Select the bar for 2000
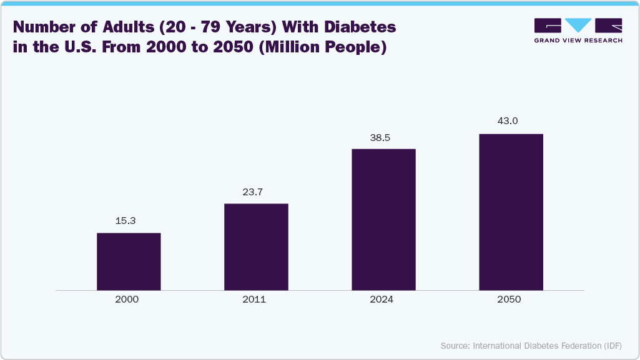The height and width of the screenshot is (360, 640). click(129, 261)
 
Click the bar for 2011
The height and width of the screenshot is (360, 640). click(256, 246)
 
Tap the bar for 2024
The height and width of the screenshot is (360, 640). click(383, 219)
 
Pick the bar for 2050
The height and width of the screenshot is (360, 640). click(511, 212)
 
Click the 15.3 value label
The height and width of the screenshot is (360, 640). click(129, 221)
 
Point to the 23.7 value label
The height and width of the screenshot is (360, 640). click(256, 192)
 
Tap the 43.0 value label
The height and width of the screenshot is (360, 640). click(507, 121)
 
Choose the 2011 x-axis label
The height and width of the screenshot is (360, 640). click(254, 299)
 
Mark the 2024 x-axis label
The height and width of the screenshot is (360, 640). click(382, 299)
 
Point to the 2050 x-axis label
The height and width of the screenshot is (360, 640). click(509, 299)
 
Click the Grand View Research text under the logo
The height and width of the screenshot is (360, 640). click(578, 40)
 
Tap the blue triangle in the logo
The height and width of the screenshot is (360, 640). click(579, 25)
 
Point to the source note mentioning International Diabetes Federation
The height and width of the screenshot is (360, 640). click(531, 346)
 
